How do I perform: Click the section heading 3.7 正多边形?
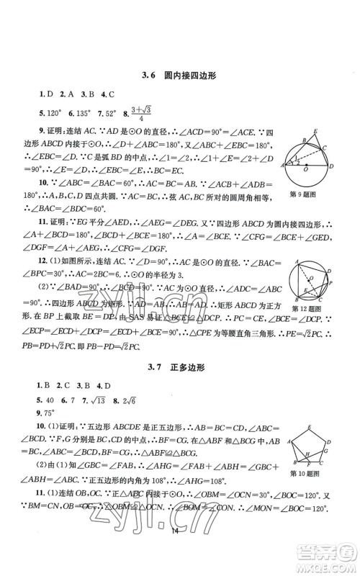(180, 368)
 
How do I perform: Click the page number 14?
(179, 551)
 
